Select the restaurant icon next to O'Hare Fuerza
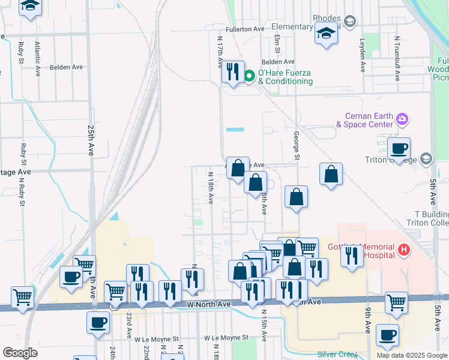point(232,72)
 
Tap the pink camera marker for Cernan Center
point(402,120)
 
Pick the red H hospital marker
point(403,249)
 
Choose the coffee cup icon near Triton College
point(399,148)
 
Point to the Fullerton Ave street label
point(245,29)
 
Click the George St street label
point(296,146)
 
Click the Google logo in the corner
point(20,353)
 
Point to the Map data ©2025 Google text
point(411,355)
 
